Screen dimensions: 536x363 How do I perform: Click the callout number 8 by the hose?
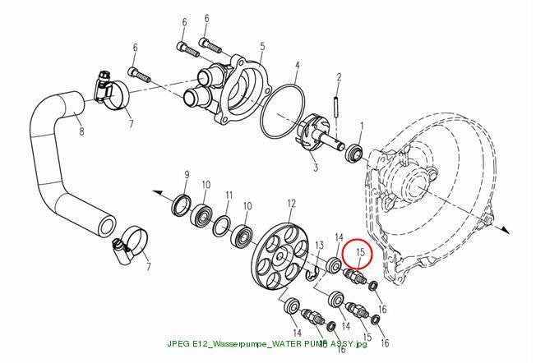pyautogui.click(x=81, y=131)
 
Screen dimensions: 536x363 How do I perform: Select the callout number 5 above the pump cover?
pyautogui.click(x=262, y=46)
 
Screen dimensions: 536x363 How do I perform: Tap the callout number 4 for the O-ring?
pyautogui.click(x=298, y=65)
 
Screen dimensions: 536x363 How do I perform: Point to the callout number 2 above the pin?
pyautogui.click(x=339, y=77)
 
